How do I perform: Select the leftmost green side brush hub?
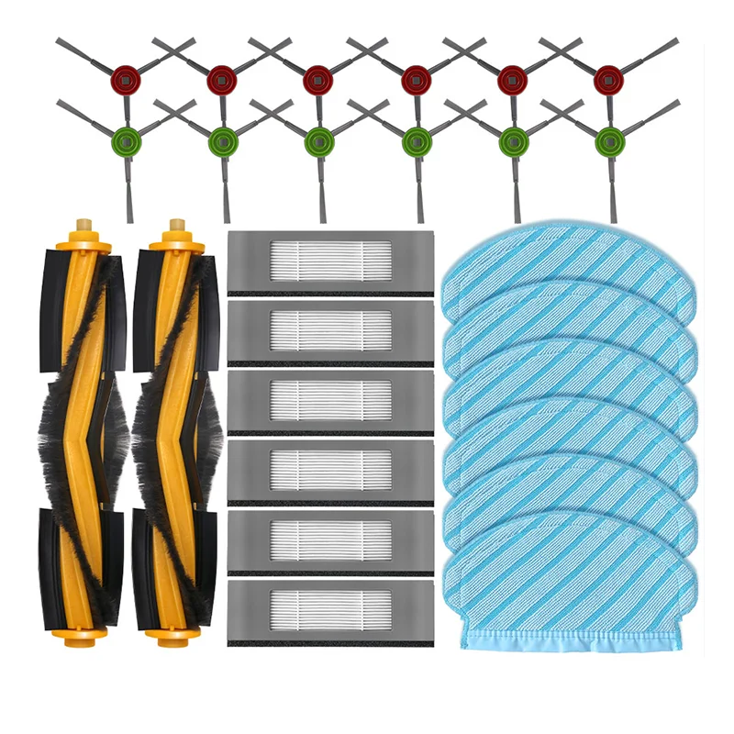[125, 140]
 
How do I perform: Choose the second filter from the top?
[330, 330]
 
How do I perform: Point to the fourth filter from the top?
[330, 470]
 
